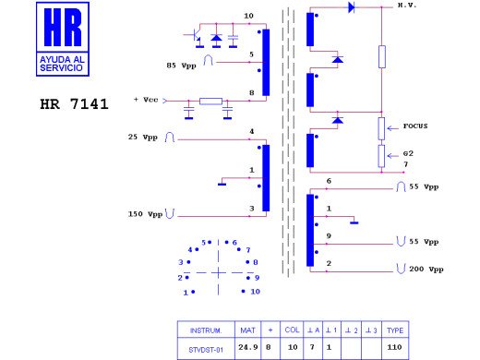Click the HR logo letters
click(63, 27)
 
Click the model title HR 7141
click(74, 104)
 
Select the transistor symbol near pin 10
click(194, 36)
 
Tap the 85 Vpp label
click(181, 66)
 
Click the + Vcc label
click(146, 100)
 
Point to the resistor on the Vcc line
click(210, 102)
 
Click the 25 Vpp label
click(143, 137)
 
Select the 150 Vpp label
click(145, 214)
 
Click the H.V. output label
click(407, 6)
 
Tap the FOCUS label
click(415, 126)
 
